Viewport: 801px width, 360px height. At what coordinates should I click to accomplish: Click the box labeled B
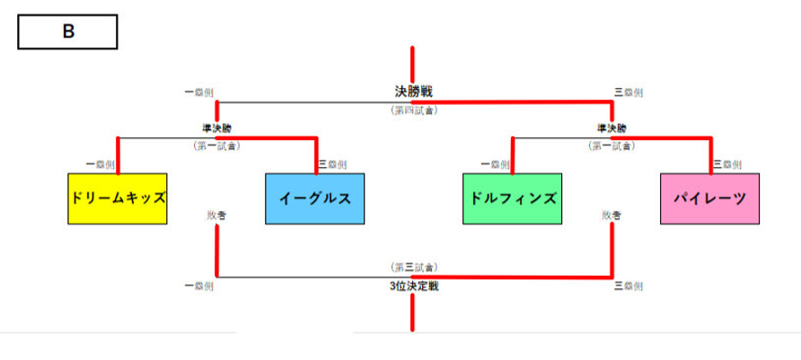tap(68, 32)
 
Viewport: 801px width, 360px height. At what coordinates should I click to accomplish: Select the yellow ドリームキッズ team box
tap(118, 198)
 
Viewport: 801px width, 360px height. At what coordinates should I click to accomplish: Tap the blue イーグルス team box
tap(315, 198)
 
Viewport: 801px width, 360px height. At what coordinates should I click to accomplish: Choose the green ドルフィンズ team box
tap(512, 198)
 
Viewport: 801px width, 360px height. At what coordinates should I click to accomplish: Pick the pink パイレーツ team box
tap(709, 198)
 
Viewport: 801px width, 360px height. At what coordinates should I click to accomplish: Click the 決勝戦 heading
tap(413, 91)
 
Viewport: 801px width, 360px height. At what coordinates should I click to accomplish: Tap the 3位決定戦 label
tap(413, 286)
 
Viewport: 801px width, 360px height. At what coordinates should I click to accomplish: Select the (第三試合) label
tap(413, 268)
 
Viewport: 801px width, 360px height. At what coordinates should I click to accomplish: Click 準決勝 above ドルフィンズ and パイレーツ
tap(612, 128)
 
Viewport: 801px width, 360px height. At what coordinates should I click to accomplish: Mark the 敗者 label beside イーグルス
tap(216, 215)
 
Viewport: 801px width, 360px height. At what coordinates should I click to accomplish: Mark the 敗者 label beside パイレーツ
tap(612, 215)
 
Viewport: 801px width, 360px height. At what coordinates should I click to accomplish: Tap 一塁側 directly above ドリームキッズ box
tap(100, 164)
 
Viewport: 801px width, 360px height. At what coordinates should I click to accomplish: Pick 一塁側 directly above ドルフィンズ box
tap(495, 164)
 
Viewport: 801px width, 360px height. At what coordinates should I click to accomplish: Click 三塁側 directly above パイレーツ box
tap(727, 164)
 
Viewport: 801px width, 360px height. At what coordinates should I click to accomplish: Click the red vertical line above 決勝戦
tap(413, 63)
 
